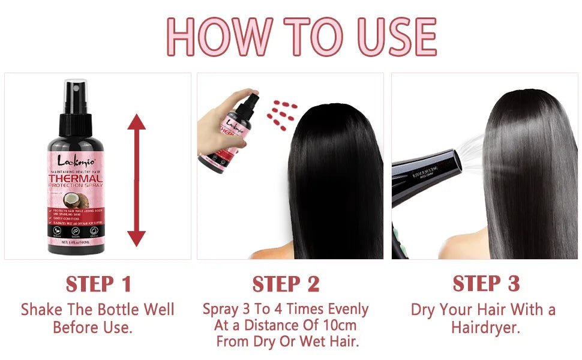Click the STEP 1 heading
point(98,284)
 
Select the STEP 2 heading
point(286,284)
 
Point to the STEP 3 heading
point(486,283)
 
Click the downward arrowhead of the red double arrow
point(137,237)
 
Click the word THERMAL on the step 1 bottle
point(76,179)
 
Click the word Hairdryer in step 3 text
point(485,328)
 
